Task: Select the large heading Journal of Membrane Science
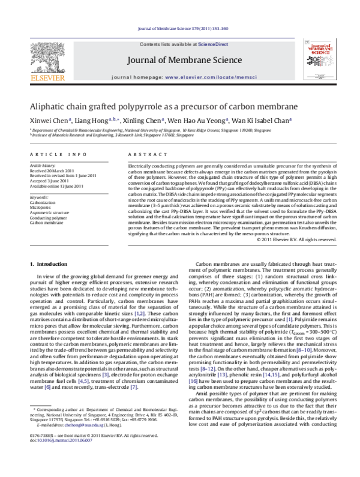(x=180, y=61)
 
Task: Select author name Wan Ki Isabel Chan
(x=260, y=120)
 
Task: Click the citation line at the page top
(x=180, y=29)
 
